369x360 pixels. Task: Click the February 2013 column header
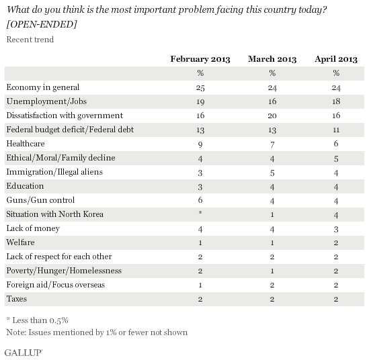click(x=200, y=59)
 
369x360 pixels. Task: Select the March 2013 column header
click(x=272, y=59)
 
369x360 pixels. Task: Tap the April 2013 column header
click(x=336, y=59)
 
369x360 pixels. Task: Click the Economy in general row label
click(x=43, y=87)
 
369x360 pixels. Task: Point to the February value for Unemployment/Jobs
click(x=200, y=101)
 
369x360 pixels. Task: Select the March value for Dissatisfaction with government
click(x=272, y=116)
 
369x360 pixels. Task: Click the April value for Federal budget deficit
click(x=336, y=130)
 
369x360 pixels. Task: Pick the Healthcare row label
click(x=26, y=144)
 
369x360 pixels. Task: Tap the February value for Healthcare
click(x=200, y=144)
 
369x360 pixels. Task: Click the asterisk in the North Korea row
click(x=200, y=212)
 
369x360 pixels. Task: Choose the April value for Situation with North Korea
click(x=336, y=215)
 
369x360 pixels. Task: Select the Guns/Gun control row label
click(x=40, y=200)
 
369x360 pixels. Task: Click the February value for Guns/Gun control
click(x=200, y=200)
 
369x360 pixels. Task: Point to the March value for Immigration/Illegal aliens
click(x=272, y=173)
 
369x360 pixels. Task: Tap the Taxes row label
click(x=17, y=299)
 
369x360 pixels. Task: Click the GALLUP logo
click(x=24, y=353)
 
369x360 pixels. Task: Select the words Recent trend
click(x=30, y=39)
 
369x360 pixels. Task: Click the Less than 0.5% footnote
click(x=38, y=320)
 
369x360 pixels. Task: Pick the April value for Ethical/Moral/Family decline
click(x=336, y=159)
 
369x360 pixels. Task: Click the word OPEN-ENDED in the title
click(x=42, y=24)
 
